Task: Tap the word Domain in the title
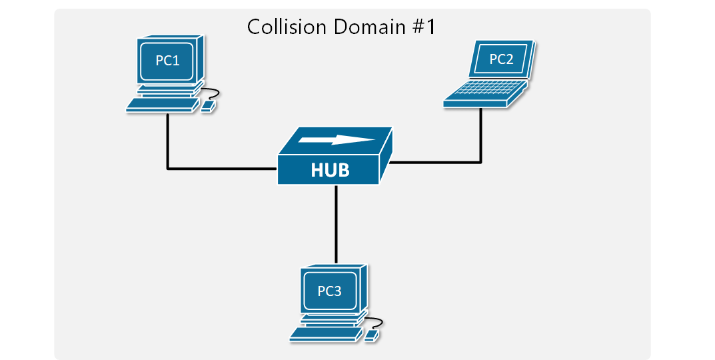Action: tap(364, 27)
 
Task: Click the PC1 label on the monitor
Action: tap(167, 61)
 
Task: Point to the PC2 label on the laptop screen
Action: tap(501, 59)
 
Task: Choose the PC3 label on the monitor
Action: tap(330, 291)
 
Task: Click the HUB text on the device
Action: tap(330, 171)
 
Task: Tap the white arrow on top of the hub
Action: tap(337, 140)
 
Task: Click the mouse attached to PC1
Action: tap(209, 105)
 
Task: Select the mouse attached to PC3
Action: tap(372, 335)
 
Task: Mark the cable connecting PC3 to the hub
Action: tap(337, 223)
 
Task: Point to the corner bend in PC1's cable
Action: tap(168, 168)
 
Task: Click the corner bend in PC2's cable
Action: tap(480, 161)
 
